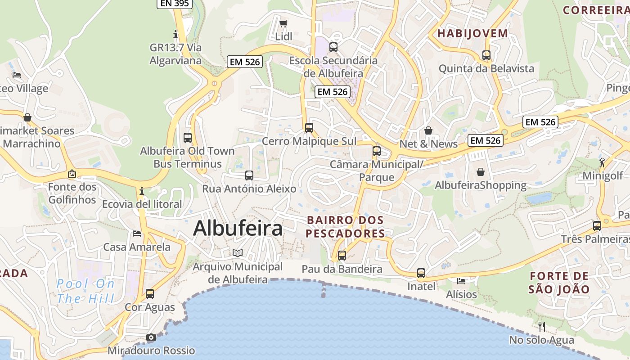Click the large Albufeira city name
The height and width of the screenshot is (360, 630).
(x=238, y=229)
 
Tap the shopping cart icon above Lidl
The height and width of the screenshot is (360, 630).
(x=283, y=23)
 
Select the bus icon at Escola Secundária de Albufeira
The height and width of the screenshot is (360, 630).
(x=333, y=47)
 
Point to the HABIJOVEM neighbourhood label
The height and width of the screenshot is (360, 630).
(x=472, y=33)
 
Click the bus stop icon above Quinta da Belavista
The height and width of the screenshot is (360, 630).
(x=486, y=55)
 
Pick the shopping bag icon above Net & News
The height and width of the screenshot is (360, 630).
(x=428, y=130)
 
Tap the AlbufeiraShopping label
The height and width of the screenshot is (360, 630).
(x=480, y=185)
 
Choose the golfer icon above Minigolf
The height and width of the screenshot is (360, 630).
(x=602, y=162)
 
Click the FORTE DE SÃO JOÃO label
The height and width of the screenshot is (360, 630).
(x=559, y=283)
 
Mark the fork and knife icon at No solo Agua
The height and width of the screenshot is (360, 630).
(x=542, y=326)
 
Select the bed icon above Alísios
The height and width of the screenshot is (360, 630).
(x=461, y=281)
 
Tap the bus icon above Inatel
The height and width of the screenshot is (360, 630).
(x=421, y=273)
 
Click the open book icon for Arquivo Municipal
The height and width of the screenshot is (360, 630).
(x=238, y=253)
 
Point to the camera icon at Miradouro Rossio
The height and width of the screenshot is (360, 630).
(x=151, y=337)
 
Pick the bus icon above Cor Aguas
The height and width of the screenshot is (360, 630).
(x=150, y=294)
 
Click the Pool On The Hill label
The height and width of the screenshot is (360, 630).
(x=85, y=291)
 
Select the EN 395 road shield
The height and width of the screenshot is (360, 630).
(x=175, y=3)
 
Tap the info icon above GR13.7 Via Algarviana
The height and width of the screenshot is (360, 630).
(x=175, y=34)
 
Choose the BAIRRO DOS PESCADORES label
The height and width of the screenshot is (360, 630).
(x=345, y=227)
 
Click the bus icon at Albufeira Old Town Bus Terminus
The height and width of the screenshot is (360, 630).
(x=188, y=137)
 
